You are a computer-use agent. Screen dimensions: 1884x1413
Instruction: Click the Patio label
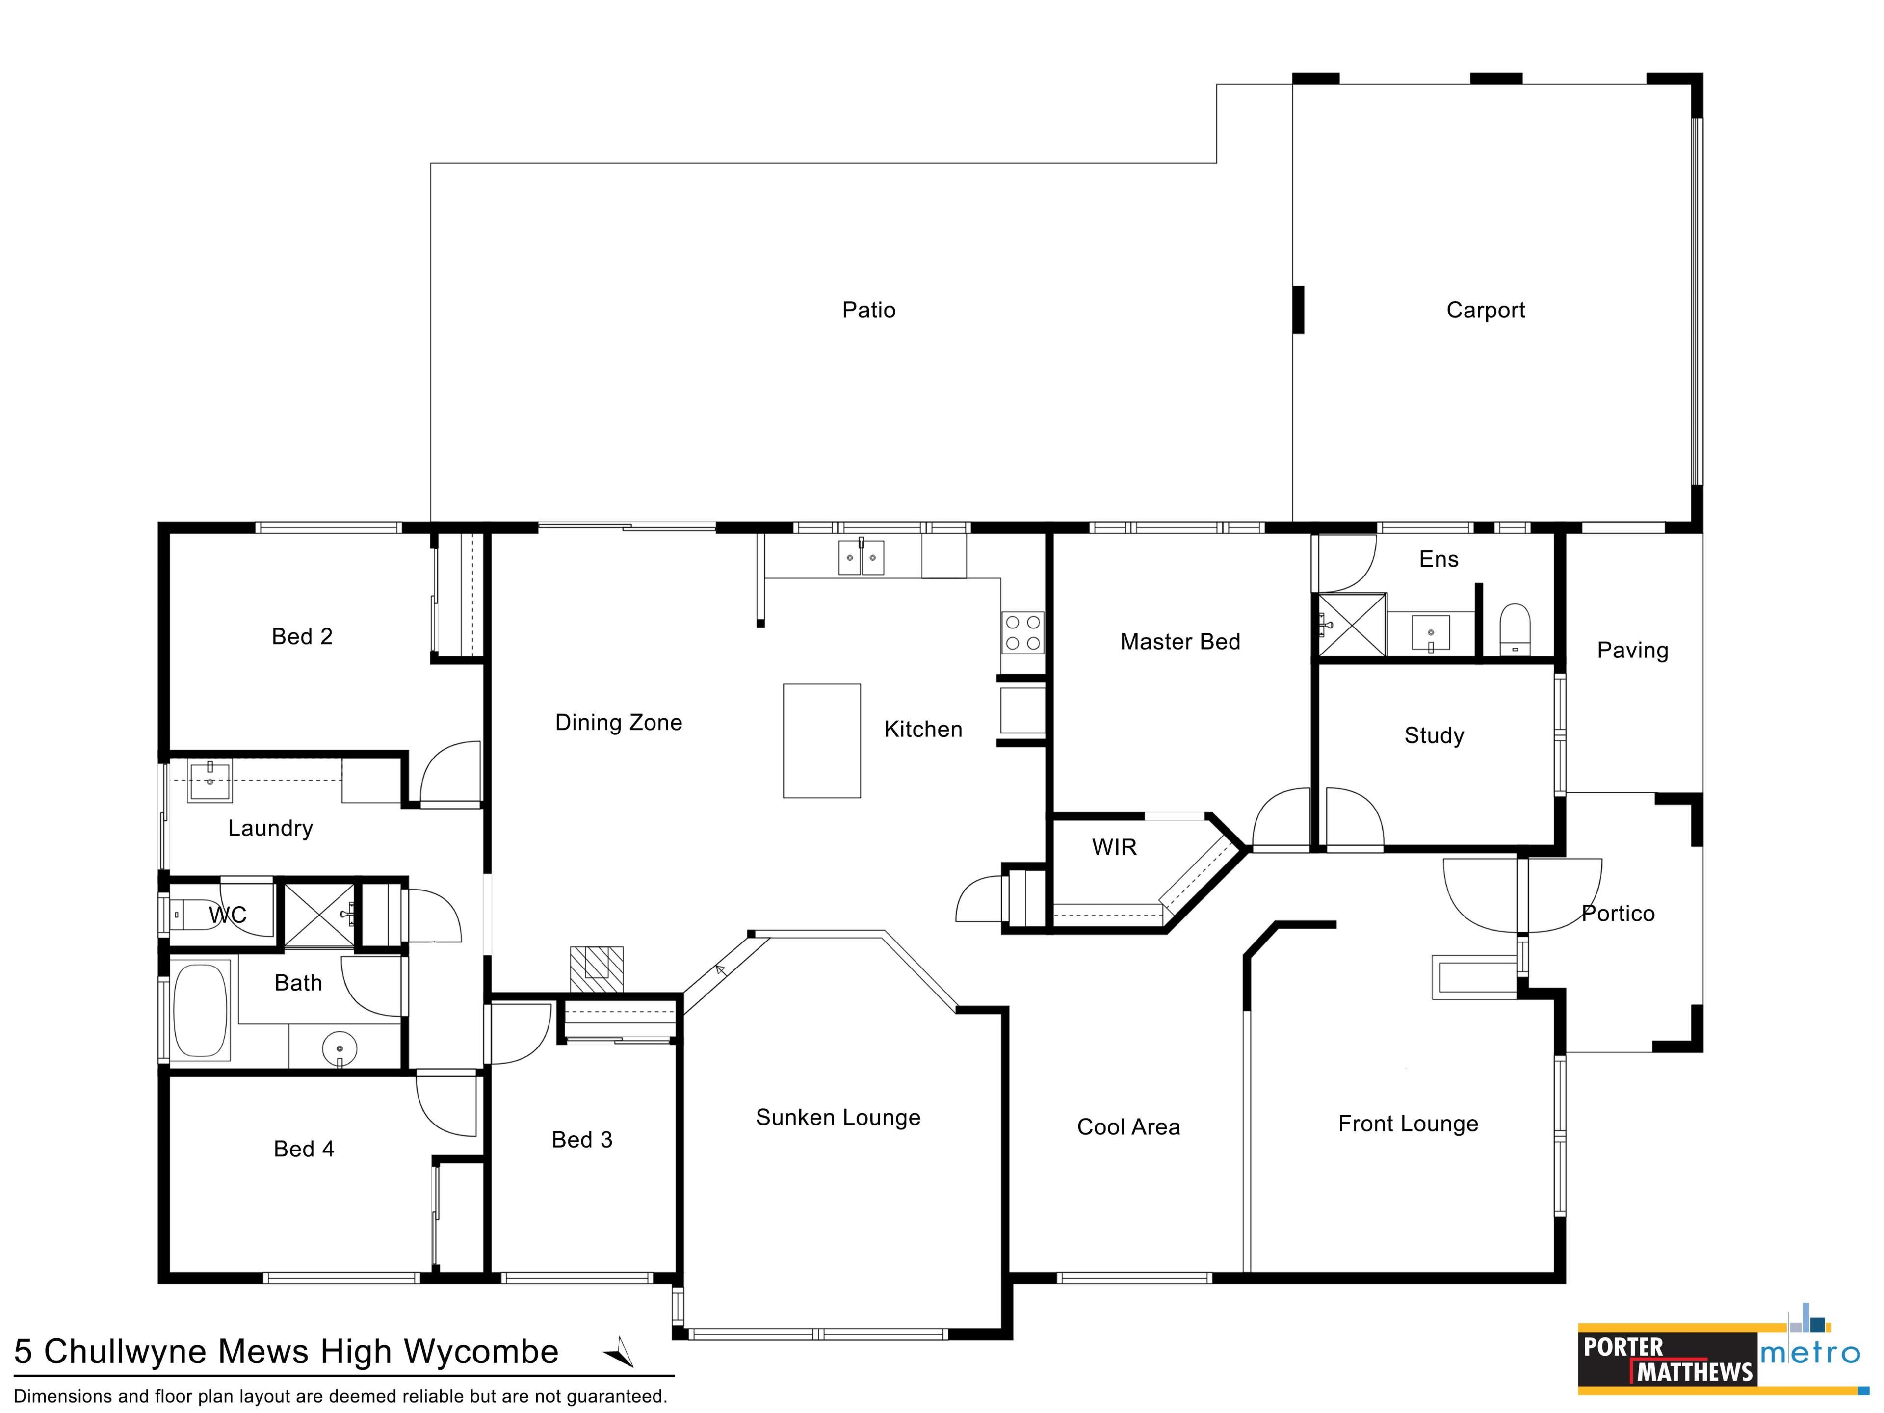(x=869, y=310)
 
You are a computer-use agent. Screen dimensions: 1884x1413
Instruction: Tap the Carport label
(x=1486, y=310)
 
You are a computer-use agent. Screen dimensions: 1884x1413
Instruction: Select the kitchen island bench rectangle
(x=822, y=741)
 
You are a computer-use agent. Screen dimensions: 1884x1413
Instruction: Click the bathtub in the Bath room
(x=201, y=1010)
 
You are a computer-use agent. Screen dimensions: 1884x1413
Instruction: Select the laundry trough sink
(x=209, y=781)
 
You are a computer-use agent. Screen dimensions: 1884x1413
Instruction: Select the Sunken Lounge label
(x=838, y=1118)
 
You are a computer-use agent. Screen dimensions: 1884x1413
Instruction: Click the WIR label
(x=1114, y=847)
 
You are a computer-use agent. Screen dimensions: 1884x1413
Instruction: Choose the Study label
(x=1434, y=736)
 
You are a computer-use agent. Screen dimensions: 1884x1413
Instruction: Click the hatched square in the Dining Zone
(x=596, y=969)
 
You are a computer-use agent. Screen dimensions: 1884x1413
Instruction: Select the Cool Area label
(x=1128, y=1127)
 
